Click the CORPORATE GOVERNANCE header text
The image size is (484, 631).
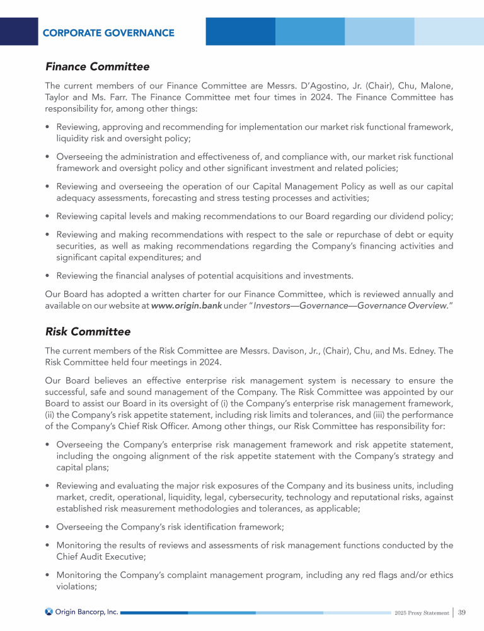tap(108, 33)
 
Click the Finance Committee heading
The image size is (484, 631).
tap(97, 66)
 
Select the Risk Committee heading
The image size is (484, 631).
tap(88, 331)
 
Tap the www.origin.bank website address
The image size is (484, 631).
tap(187, 306)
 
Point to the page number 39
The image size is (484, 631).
tap(462, 613)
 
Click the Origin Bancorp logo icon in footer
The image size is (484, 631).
tap(49, 612)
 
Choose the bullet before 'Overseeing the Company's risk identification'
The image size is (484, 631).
tap(49, 526)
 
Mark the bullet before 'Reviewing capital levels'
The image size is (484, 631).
tap(49, 216)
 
